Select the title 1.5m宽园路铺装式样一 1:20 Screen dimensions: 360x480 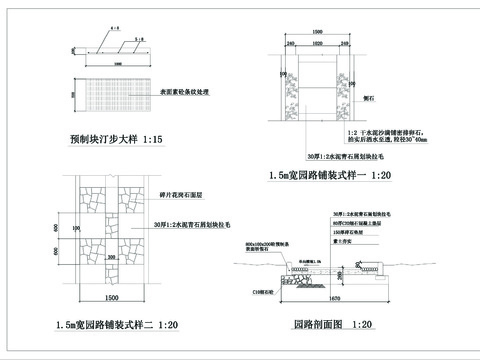pyautogui.click(x=329, y=175)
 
